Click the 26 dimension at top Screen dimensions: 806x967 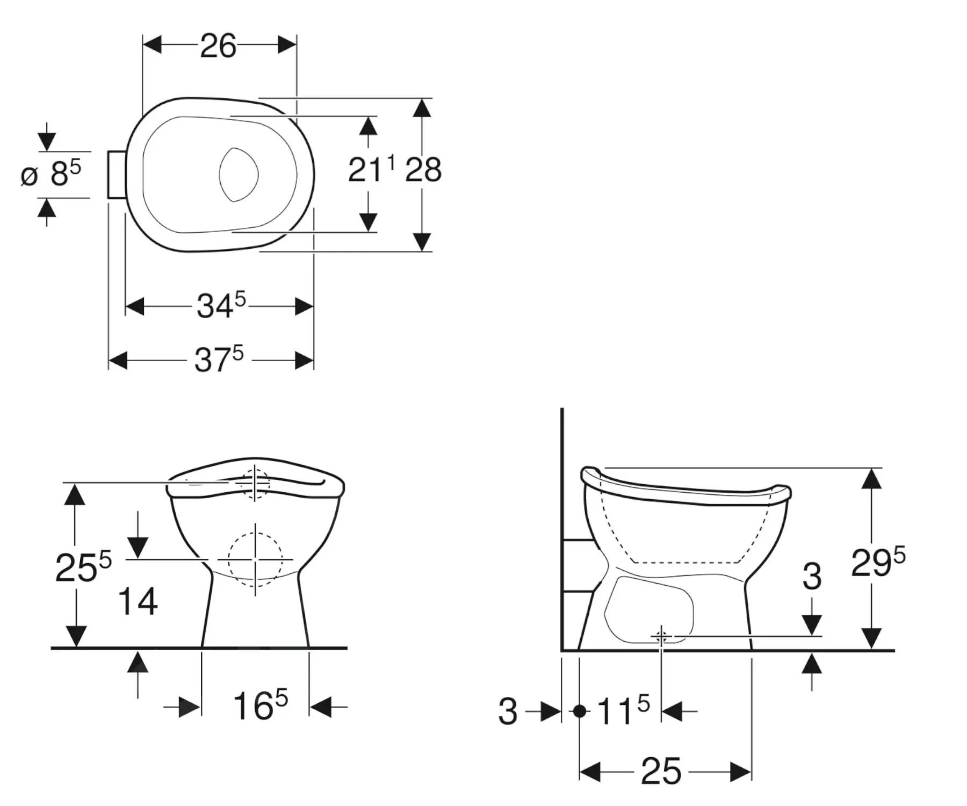[x=218, y=46]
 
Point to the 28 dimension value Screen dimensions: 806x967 [x=423, y=170]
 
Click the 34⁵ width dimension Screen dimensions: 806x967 [x=220, y=306]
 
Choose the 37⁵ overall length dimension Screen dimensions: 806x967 [x=219, y=359]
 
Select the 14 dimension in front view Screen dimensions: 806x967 [x=138, y=601]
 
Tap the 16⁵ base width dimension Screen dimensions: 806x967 [x=260, y=705]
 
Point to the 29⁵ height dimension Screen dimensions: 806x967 [x=877, y=563]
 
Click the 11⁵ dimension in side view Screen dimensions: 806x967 [x=623, y=711]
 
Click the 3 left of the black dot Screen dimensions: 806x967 [x=507, y=711]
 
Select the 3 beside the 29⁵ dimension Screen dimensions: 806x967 [x=811, y=576]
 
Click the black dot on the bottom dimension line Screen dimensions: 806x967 [x=579, y=711]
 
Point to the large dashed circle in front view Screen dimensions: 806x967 [x=255, y=559]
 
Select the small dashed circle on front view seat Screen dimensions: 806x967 [x=255, y=484]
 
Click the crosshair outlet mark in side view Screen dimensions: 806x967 [x=661, y=637]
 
